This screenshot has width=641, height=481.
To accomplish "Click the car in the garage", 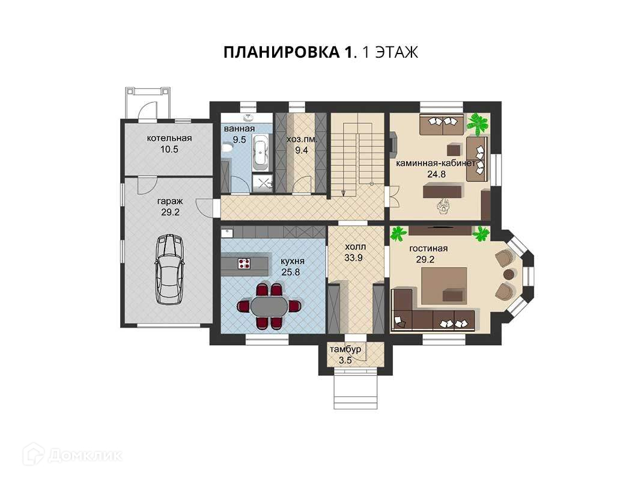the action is click(x=169, y=269).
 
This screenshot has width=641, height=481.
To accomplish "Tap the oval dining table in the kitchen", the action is click(x=269, y=306).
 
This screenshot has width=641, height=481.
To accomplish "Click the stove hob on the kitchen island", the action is click(x=244, y=263).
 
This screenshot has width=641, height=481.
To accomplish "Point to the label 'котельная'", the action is click(x=169, y=138).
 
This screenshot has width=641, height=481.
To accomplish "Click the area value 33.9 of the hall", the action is click(x=354, y=258).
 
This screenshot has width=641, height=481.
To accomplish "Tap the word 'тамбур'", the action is click(x=345, y=349).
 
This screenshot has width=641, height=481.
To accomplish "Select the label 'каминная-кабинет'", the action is click(x=436, y=163).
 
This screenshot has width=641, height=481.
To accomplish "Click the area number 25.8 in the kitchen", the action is click(x=291, y=272).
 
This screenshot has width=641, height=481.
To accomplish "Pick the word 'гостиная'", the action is click(x=428, y=249).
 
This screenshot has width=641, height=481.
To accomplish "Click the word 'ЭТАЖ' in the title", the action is click(x=396, y=52).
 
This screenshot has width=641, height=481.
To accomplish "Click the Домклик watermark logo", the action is click(x=72, y=455).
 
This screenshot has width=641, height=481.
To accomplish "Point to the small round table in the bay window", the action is click(x=509, y=274).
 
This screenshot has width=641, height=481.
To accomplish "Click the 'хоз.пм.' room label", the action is click(x=302, y=139).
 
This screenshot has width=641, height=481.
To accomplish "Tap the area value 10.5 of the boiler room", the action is click(x=169, y=149).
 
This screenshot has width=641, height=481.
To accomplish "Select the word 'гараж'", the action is click(x=170, y=201).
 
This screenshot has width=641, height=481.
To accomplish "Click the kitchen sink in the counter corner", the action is click(x=227, y=233).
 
